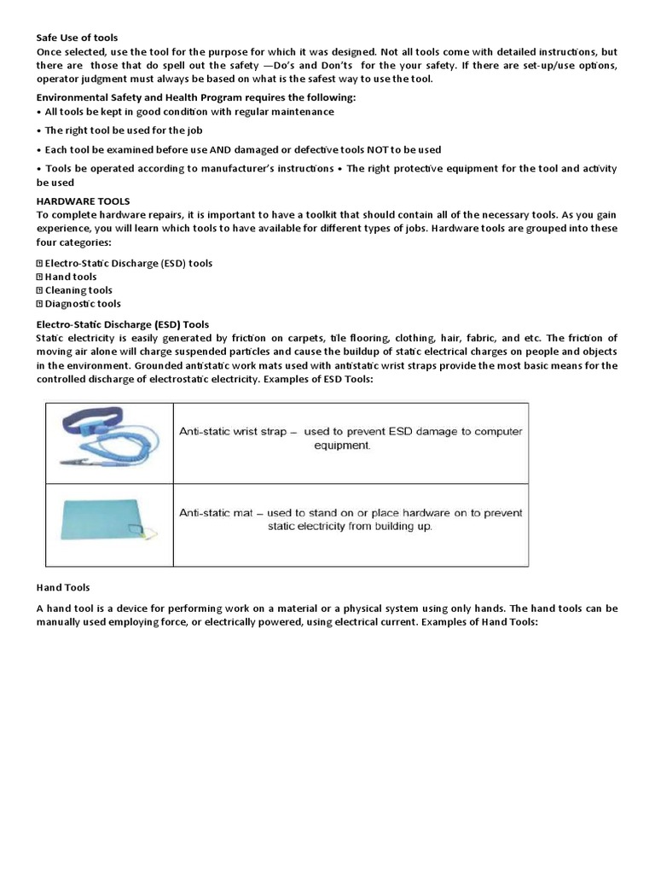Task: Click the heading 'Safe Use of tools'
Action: pyautogui.click(x=77, y=38)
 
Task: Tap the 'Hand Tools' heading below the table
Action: pyautogui.click(x=62, y=588)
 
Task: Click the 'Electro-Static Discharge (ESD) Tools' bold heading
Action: pyautogui.click(x=122, y=324)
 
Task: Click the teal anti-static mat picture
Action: pyautogui.click(x=107, y=523)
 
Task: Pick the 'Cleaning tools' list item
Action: pyautogui.click(x=78, y=290)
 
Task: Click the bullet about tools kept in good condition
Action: pyautogui.click(x=185, y=112)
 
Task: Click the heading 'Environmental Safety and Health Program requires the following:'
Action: pyautogui.click(x=195, y=98)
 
